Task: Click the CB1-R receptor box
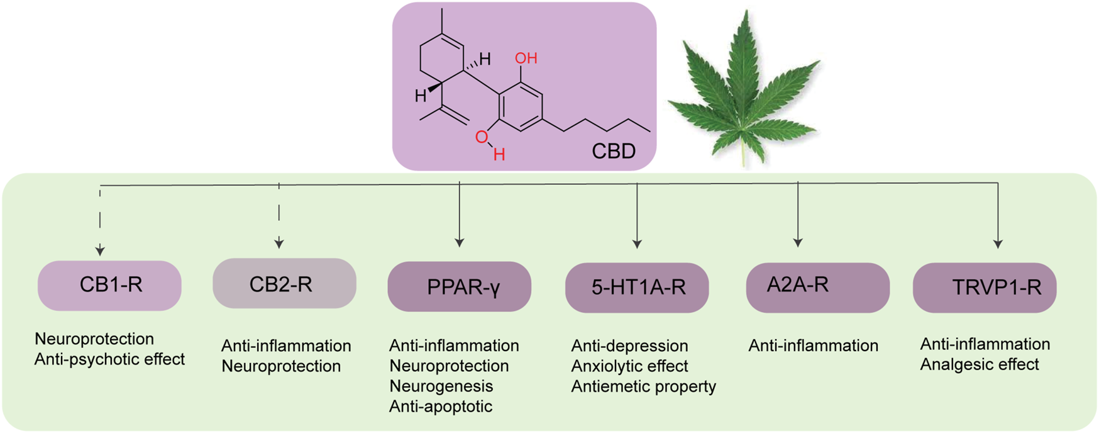point(109,285)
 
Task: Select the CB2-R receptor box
point(284,284)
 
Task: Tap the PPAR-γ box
point(459,287)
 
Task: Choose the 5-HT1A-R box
point(637,288)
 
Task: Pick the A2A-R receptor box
point(817,287)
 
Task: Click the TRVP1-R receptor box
point(985,288)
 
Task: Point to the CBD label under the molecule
point(613,151)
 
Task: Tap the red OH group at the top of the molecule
point(526,59)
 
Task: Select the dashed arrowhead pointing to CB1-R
point(100,250)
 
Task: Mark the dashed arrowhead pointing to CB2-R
point(279,243)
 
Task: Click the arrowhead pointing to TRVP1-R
point(998,244)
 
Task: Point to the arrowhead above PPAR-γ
point(460,242)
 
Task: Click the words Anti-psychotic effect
point(109,359)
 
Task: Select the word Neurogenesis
point(441,386)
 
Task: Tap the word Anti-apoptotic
point(440,406)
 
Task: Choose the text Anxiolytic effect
point(629,366)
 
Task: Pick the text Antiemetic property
point(643,386)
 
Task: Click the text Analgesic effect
point(980,364)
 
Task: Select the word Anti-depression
point(629,346)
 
